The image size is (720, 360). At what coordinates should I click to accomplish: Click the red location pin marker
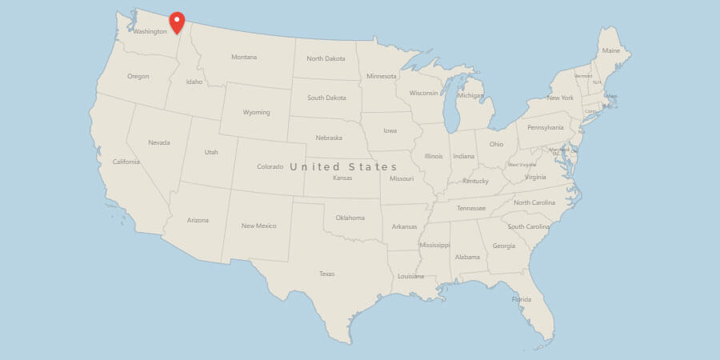177,22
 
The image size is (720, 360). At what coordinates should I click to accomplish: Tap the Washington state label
150,32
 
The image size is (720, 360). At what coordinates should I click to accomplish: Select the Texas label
326,274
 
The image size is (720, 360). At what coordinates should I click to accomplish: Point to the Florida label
522,300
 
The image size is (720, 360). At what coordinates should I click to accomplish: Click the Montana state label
244,57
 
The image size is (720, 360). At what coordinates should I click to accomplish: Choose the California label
126,162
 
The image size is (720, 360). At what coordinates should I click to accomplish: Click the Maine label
611,51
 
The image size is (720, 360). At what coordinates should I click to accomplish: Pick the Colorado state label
270,166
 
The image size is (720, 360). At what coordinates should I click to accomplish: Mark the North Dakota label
326,58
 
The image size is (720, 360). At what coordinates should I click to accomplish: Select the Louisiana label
411,276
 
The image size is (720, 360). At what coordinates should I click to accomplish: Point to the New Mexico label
259,226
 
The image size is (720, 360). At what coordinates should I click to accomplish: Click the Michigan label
470,96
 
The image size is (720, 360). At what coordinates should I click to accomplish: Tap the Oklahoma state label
350,218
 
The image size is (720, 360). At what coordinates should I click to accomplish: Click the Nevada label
159,142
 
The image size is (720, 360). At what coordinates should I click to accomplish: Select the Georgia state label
504,246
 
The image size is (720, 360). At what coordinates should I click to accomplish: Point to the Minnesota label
382,76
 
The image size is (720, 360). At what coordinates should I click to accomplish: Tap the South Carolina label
529,226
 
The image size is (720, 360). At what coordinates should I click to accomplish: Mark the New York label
560,98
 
